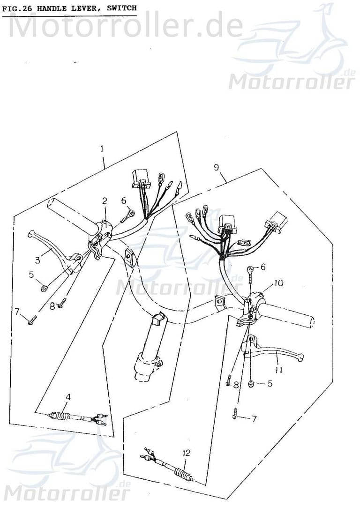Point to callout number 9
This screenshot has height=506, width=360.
[217, 167]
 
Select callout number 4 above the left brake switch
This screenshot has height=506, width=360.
[68, 397]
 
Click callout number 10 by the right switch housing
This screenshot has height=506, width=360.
[278, 283]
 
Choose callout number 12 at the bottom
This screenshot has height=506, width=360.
[187, 453]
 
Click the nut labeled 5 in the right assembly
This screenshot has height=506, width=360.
[251, 384]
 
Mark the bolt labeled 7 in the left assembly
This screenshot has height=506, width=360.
[31, 321]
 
